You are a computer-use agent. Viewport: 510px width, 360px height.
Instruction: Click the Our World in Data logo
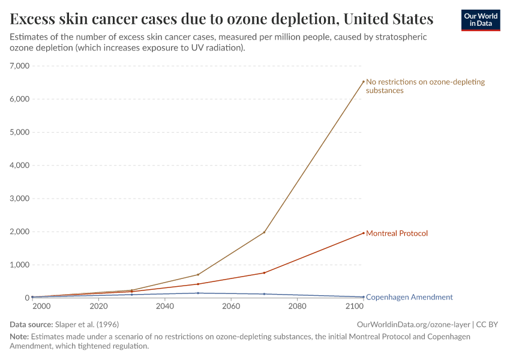coord(480,20)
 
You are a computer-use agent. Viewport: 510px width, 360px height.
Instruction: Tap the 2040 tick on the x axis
coord(164,307)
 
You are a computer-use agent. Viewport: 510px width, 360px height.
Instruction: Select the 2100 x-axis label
coord(355,307)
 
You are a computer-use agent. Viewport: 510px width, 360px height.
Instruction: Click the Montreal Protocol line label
coord(397,233)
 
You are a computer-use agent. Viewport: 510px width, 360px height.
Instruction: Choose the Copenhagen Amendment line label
coord(409,297)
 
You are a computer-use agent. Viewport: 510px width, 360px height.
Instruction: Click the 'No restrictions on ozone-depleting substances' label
coord(425,86)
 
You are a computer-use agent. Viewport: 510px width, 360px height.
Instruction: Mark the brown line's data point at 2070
coord(264,232)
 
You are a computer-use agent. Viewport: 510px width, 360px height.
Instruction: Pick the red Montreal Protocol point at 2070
coord(264,273)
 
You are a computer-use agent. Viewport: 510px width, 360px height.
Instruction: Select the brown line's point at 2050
coord(198,275)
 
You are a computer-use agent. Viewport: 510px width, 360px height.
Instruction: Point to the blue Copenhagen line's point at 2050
coord(198,293)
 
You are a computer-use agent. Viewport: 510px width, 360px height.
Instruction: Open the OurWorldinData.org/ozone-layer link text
coord(414,324)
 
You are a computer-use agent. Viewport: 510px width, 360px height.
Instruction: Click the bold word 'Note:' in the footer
coord(19,337)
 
